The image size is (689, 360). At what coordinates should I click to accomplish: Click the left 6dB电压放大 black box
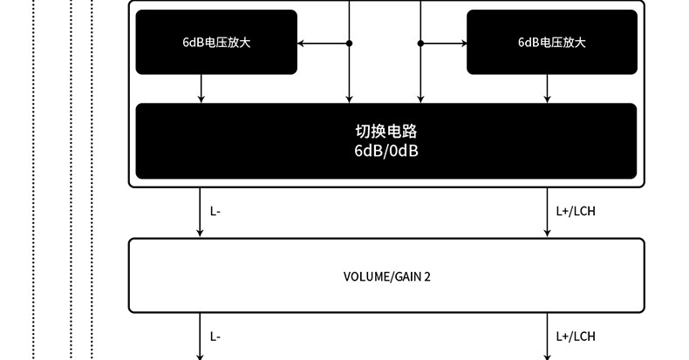click(216, 42)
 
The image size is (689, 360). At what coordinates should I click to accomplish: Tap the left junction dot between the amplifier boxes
click(350, 42)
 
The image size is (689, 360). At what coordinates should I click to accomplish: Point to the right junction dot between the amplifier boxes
click(420, 42)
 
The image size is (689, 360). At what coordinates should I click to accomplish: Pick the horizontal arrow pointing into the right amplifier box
click(445, 42)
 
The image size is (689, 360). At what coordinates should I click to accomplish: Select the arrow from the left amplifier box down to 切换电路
click(201, 89)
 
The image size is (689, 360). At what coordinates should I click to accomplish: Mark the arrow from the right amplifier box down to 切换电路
click(548, 89)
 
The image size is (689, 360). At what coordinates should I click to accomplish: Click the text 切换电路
click(386, 132)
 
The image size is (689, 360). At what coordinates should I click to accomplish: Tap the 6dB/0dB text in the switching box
click(386, 150)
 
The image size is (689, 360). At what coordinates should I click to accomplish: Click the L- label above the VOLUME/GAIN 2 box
click(215, 211)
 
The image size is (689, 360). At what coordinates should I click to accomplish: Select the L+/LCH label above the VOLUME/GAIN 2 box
click(576, 211)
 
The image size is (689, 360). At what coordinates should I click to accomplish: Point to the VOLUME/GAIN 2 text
click(387, 276)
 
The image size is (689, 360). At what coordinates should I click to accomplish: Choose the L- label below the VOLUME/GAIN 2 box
click(215, 336)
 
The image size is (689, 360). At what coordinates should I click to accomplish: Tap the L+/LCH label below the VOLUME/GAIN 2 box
click(576, 336)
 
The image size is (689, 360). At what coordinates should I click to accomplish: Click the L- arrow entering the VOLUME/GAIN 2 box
click(201, 214)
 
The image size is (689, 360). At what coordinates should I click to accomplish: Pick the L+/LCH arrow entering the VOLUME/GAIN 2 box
click(548, 214)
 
